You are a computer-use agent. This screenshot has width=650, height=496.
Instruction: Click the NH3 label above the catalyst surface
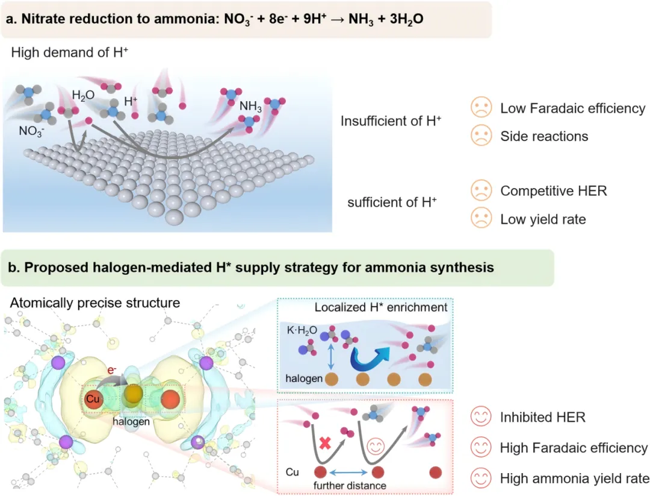251,107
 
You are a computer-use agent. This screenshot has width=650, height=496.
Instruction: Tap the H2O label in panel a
83,95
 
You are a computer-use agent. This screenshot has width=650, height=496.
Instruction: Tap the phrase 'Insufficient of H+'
391,121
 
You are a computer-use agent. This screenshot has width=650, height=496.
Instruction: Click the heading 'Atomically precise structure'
94,303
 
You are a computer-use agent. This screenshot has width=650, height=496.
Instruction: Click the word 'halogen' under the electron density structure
131,422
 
